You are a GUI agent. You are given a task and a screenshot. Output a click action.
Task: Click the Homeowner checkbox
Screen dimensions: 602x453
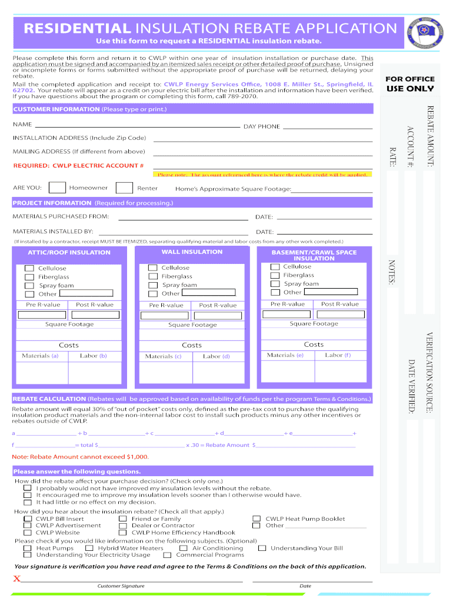coord(57,188)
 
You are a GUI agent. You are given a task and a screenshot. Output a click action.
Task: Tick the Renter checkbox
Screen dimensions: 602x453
coord(124,188)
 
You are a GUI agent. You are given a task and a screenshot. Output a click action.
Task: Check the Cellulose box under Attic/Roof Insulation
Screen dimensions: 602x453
coord(29,268)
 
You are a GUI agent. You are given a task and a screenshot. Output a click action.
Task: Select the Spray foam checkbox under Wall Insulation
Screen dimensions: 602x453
coord(152,285)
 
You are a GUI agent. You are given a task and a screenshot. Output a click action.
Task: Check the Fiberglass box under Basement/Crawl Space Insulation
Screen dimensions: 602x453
coord(275,275)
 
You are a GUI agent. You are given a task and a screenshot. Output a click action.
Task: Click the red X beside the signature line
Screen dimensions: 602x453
coord(17,579)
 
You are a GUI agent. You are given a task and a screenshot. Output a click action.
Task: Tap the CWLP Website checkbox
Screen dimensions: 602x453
coord(28,533)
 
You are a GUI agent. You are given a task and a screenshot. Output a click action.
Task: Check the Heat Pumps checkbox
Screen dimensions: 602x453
coord(28,548)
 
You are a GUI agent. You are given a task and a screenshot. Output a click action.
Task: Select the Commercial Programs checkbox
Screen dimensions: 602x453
coord(168,555)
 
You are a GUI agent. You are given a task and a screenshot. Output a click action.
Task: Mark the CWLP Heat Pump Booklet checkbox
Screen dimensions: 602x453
coord(257,519)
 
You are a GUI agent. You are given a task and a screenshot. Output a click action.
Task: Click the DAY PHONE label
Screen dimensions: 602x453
coord(262,126)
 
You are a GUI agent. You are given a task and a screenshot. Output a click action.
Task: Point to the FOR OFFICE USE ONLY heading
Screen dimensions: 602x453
coord(409,83)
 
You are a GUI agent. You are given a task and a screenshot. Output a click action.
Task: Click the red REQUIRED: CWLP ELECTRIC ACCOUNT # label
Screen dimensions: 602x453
coord(78,166)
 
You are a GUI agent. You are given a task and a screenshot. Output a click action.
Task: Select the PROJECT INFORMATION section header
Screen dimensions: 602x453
coord(52,203)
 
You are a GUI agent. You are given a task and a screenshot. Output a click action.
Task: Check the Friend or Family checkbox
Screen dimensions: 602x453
coord(122,519)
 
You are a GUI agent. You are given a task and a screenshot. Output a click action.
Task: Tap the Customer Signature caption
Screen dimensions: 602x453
coord(121,586)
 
